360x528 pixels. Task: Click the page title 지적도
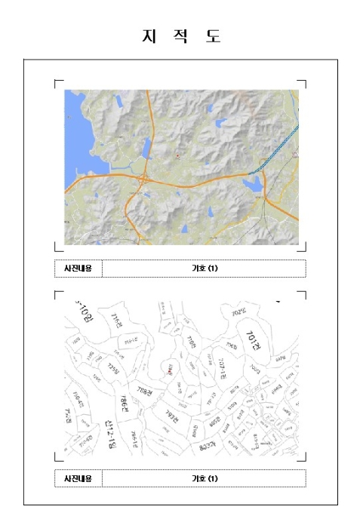[181, 36]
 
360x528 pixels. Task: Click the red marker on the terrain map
[177, 155]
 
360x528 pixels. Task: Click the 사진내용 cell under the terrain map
[78, 268]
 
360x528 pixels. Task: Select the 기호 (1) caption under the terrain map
[204, 268]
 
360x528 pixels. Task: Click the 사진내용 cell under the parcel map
[78, 478]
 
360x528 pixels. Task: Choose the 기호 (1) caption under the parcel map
[204, 478]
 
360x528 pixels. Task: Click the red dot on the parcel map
[171, 369]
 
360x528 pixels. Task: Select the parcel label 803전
[205, 447]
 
